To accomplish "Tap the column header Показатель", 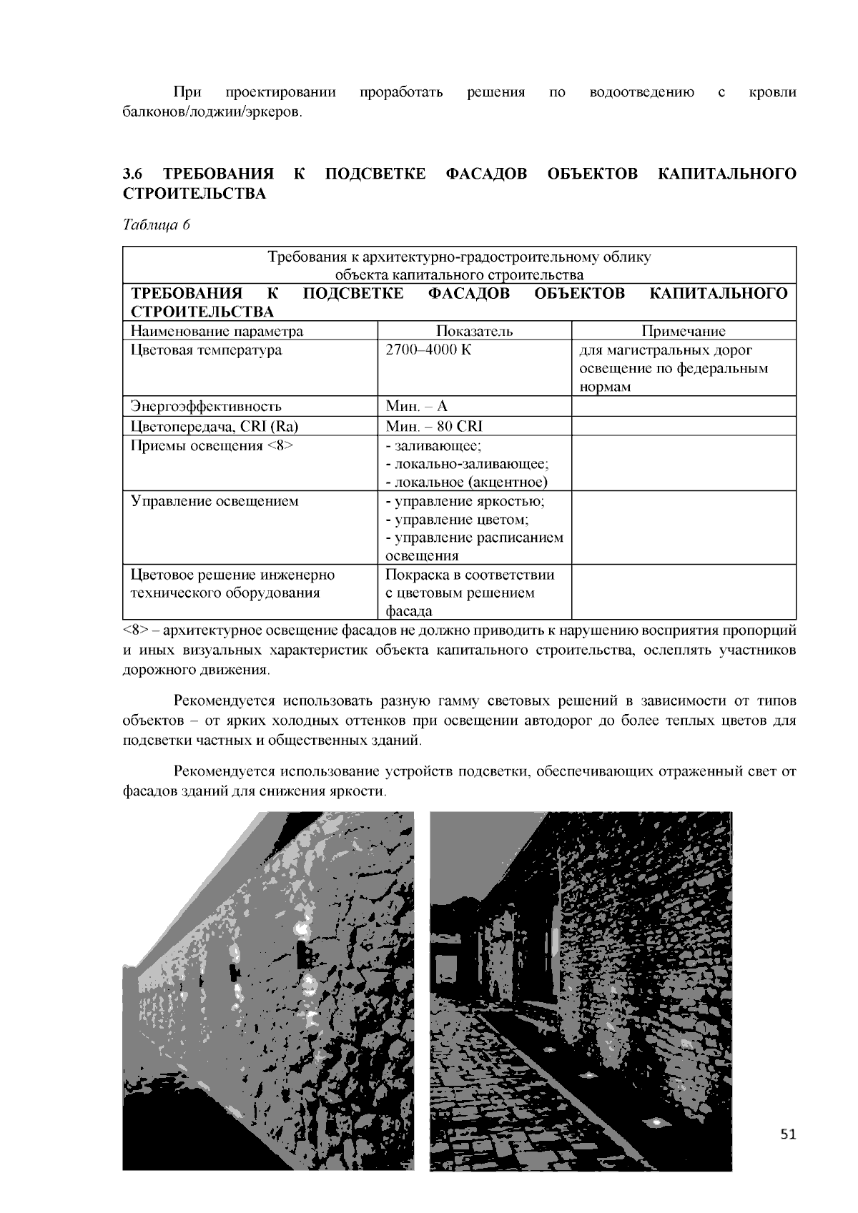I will [474, 331].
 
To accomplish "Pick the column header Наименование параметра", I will [217, 331].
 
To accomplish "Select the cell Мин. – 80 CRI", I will [434, 427].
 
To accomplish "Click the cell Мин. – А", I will [416, 407].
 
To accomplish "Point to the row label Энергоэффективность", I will [206, 407].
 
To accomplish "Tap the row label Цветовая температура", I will [206, 350].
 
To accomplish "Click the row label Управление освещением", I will [214, 501].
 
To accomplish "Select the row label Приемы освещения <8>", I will [212, 446].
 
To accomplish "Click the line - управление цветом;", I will [457, 520].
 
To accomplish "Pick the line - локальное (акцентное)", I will [466, 482].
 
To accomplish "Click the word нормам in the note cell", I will [604, 387].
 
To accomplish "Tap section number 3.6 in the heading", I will [133, 174].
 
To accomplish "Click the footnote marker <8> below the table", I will [135, 631].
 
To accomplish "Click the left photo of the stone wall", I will [268, 991].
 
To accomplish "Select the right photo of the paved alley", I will [581, 991].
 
